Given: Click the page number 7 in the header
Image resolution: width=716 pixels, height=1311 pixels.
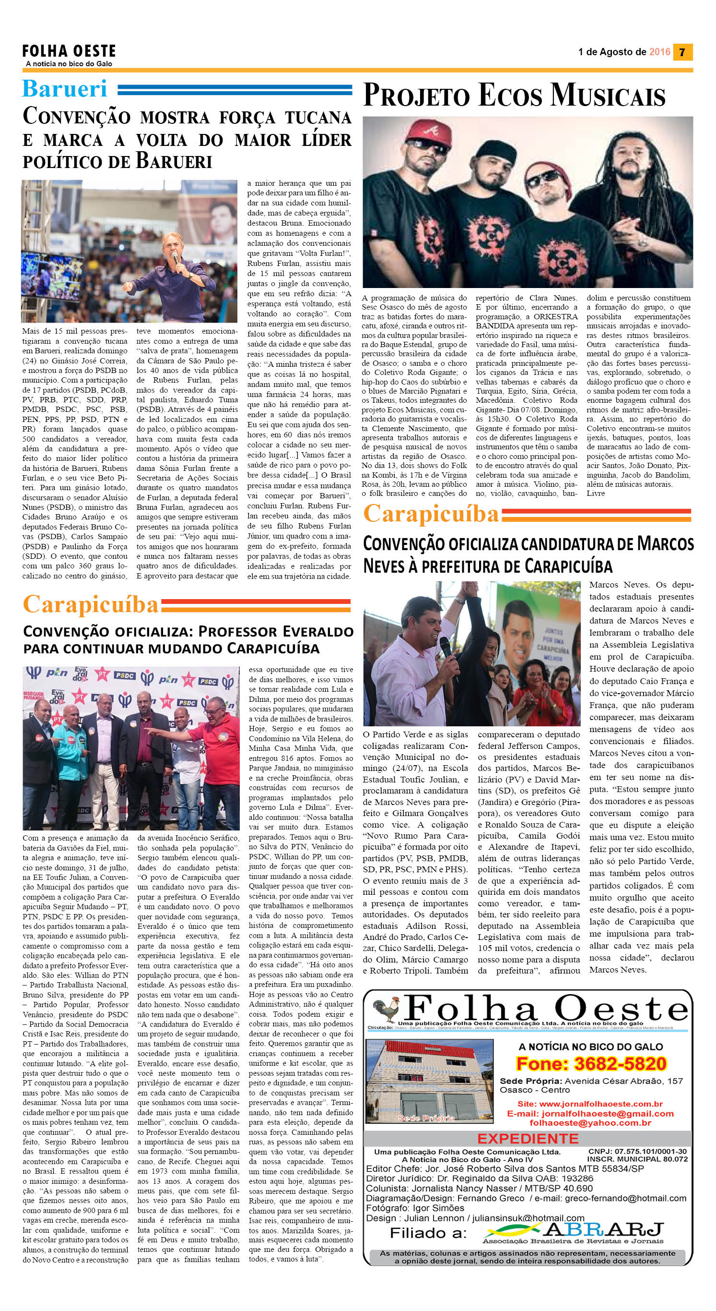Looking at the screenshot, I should (x=682, y=52).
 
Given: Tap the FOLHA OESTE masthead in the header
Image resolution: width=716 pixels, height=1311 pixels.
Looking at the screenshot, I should (x=69, y=51).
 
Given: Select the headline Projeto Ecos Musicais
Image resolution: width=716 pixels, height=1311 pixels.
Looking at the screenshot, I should (x=514, y=96).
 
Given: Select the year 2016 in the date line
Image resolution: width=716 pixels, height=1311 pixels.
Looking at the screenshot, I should (x=659, y=52).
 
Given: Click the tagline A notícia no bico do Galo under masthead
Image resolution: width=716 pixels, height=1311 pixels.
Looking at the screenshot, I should (x=69, y=64).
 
